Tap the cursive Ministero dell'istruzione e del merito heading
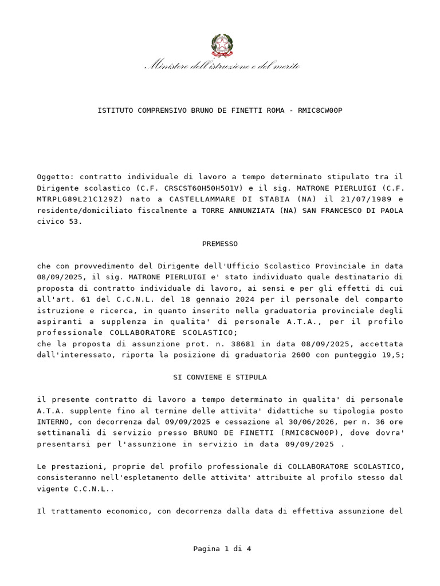click(222, 66)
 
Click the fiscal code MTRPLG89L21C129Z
click(80, 199)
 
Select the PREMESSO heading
click(220, 244)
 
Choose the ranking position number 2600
click(312, 355)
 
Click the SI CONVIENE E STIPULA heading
click(220, 378)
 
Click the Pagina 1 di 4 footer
click(222, 549)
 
